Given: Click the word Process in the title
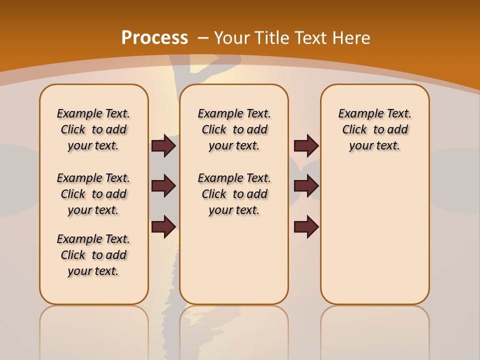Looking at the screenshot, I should pyautogui.click(x=154, y=38).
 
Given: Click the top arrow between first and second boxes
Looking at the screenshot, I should pyautogui.click(x=163, y=146).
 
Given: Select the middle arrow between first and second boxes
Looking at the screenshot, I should pyautogui.click(x=163, y=186).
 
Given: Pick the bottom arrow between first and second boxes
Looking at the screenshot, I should pyautogui.click(x=163, y=227).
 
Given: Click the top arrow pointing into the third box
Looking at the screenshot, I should pyautogui.click(x=306, y=146).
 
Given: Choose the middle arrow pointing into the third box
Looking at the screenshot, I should pyautogui.click(x=306, y=186).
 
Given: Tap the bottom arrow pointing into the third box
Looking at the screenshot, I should pyautogui.click(x=306, y=227).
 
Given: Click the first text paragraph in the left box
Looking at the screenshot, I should pyautogui.click(x=93, y=129).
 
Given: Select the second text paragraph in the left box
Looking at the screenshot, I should pyautogui.click(x=93, y=194).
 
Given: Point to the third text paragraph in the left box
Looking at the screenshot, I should pyautogui.click(x=93, y=255).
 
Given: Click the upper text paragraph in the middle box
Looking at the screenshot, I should pyautogui.click(x=234, y=129).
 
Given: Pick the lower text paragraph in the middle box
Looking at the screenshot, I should pyautogui.click(x=234, y=194).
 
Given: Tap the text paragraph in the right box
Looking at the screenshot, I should pyautogui.click(x=375, y=129).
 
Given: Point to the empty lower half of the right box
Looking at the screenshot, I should pyautogui.click(x=375, y=240).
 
